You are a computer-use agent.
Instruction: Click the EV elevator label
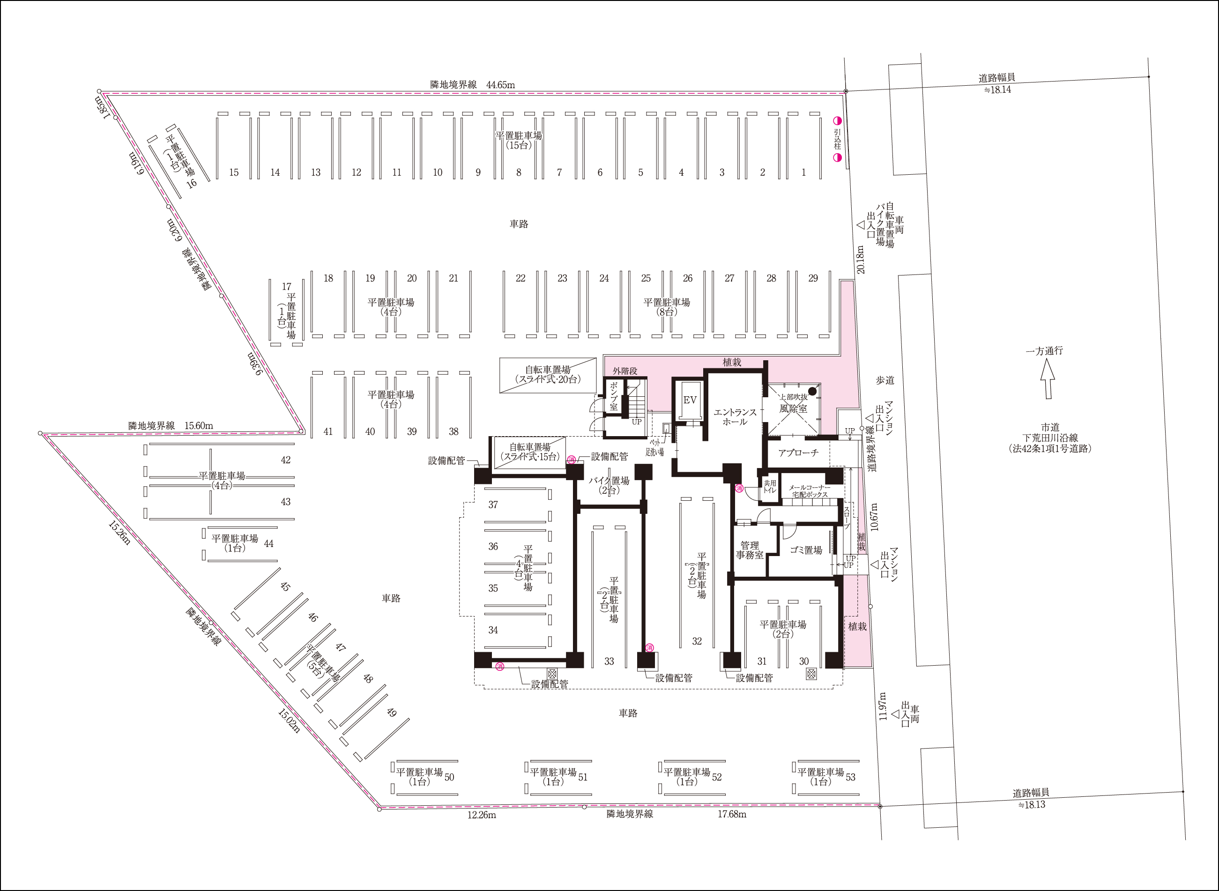click(690, 400)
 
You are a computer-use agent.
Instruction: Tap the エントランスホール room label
click(735, 417)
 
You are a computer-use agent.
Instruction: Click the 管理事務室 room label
click(750, 550)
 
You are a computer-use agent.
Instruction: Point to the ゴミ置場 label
click(806, 550)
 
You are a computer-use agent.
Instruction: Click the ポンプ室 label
click(614, 396)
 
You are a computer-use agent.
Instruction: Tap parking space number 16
click(192, 183)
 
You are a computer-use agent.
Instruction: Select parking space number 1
click(803, 172)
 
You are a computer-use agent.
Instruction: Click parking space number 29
click(813, 278)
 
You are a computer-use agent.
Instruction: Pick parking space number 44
click(268, 544)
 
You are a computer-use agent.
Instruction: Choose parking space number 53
click(851, 777)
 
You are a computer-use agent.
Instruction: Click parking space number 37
click(493, 505)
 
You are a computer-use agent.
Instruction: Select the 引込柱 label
click(837, 139)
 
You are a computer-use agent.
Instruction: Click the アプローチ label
click(798, 453)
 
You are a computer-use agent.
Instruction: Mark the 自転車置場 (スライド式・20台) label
click(548, 374)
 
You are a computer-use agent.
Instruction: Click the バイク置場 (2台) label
click(609, 485)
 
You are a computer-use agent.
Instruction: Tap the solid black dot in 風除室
click(812, 391)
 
